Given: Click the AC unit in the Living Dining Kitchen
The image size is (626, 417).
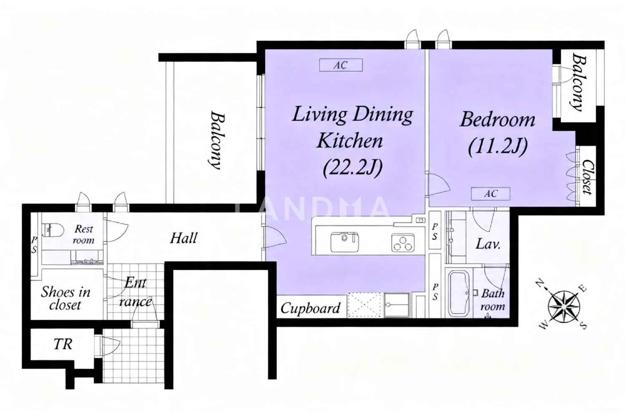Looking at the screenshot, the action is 341,65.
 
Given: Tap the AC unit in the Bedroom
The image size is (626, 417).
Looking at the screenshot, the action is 490,193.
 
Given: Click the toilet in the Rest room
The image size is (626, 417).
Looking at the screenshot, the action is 53,231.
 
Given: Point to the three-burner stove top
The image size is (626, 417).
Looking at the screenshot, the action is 403,242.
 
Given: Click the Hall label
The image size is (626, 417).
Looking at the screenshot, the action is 184,238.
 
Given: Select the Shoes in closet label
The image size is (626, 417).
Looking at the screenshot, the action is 66,299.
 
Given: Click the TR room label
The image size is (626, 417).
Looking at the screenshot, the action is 63,344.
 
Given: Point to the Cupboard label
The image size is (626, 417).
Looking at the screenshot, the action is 310,309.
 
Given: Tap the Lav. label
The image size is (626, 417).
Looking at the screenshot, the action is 488,244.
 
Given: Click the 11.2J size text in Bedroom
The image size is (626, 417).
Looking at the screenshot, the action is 498,146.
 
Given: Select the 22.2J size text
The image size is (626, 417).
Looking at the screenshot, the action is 352,168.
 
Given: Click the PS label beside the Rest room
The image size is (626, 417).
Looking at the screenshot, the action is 34,245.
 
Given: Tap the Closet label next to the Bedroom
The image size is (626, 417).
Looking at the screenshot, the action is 588,177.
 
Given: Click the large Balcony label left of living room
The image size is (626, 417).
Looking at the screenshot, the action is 217,140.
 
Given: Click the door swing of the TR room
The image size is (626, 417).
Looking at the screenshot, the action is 111,346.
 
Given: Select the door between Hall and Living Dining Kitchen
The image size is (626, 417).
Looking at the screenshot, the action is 275,237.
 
